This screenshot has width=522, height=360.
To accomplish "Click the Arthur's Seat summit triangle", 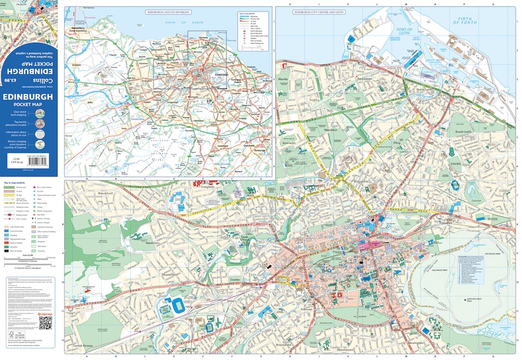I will point(466,300).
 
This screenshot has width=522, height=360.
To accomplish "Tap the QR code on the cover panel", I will point(45,323).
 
